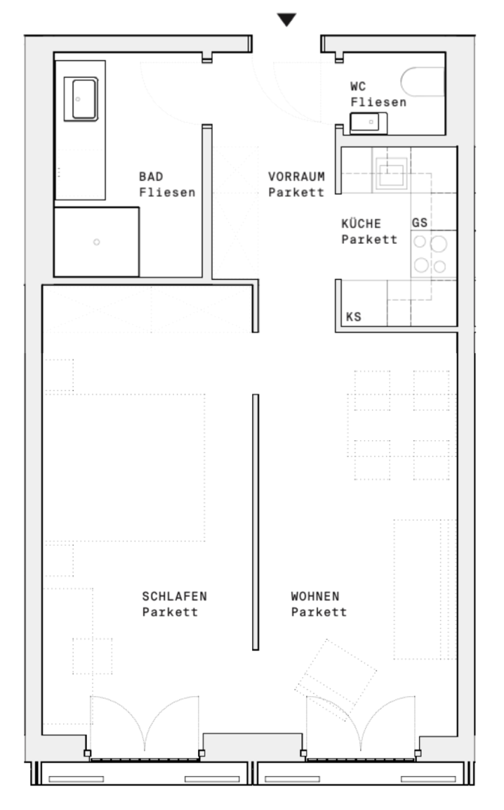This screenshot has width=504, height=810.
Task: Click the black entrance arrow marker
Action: tap(286, 20)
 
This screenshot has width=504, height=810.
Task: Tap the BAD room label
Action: tap(151, 177)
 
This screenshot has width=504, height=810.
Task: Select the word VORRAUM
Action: tap(296, 177)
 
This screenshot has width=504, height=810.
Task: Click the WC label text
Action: tap(358, 86)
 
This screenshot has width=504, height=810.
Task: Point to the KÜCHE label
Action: tap(361, 223)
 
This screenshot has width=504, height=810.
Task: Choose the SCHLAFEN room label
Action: tap(175, 596)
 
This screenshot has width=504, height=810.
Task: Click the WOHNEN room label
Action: tap(315, 596)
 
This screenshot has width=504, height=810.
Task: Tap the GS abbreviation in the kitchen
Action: tap(419, 223)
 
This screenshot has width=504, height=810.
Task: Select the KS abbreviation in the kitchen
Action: tap(353, 316)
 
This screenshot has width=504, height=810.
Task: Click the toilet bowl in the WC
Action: tap(422, 82)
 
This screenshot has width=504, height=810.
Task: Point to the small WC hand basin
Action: tap(368, 123)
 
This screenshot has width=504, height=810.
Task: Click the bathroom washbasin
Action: tap(81, 99)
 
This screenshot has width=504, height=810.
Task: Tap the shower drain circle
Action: tap(97, 241)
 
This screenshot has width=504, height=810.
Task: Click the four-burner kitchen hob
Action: tap(429, 254)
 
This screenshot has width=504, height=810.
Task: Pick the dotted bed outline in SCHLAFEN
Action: tap(124, 467)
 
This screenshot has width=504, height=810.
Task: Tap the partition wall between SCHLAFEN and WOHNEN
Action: tap(255, 522)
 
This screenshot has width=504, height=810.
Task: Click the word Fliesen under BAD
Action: tap(167, 192)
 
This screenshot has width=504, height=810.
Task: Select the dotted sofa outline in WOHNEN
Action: tap(425, 589)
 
